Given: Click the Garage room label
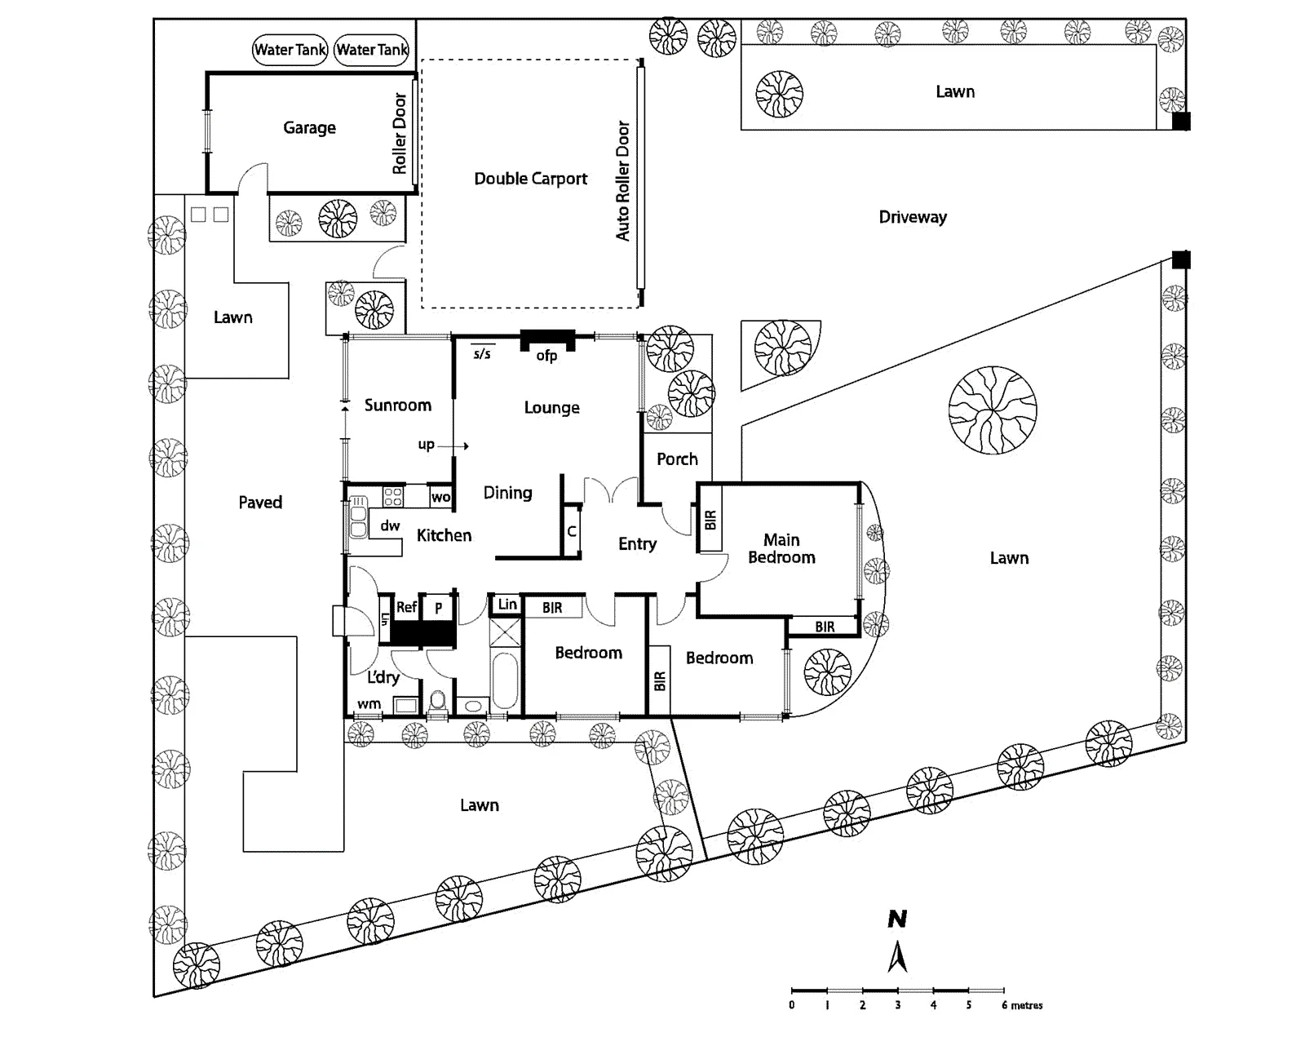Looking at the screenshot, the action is coord(309,128).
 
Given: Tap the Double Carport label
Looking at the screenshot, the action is coord(531,179).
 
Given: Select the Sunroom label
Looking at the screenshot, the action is coord(398,405).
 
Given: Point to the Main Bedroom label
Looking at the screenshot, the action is coord(781,548).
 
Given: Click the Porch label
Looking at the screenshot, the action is coord(677,459).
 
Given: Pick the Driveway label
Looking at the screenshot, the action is coord(913,217).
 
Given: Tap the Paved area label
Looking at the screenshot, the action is coord(260,503).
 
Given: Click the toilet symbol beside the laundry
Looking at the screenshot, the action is coord(437,702).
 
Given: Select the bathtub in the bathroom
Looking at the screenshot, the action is coord(505,680).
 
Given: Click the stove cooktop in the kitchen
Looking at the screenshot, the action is coord(393,497).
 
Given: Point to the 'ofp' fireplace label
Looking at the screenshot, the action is coord(546,357).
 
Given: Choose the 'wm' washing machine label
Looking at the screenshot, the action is coord(369,704).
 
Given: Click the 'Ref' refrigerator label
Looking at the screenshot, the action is coord(406,607).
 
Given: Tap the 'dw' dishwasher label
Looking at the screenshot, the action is coord(390,525).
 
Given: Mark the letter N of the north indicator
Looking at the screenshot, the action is coord(897,920).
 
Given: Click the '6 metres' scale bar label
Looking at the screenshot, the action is coord(1023,1005).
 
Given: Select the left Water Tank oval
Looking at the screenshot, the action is coord(290,50).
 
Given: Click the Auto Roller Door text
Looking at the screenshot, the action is coord(623,181).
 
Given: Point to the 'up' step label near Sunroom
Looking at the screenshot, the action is coord(427,445).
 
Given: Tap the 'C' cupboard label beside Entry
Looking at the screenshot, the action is coord(571,531).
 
